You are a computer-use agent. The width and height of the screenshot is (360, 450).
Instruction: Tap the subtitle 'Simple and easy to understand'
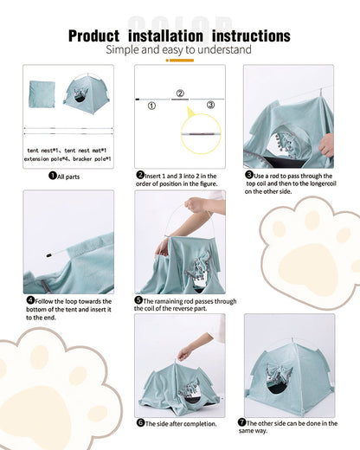(178, 50)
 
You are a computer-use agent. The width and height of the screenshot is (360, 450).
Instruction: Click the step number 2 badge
(140, 175)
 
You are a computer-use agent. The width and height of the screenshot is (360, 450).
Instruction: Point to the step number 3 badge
(248, 175)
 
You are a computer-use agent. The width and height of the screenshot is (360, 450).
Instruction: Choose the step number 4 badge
(30, 301)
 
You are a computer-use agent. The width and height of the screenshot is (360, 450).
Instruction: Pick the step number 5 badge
(138, 301)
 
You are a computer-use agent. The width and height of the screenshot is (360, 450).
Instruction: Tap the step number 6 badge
(140, 423)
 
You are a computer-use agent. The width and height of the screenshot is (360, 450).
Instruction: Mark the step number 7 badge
(241, 423)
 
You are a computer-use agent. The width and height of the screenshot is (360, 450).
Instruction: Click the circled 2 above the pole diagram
(180, 93)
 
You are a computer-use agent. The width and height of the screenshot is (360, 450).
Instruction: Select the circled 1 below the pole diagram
(151, 106)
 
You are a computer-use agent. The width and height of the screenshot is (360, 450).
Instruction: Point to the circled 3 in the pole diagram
(209, 105)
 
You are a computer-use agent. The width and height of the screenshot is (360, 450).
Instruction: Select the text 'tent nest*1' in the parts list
(47, 150)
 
